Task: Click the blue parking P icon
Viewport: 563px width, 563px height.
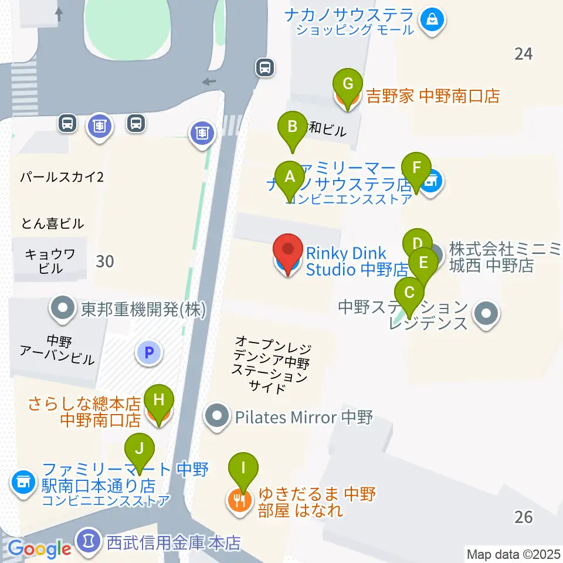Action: pyautogui.click(x=148, y=353)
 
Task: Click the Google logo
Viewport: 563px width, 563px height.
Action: pyautogui.click(x=39, y=549)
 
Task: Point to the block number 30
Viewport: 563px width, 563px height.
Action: pyautogui.click(x=104, y=261)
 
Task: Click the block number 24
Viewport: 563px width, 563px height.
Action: pyautogui.click(x=523, y=54)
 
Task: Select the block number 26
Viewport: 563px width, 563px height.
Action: pyautogui.click(x=523, y=516)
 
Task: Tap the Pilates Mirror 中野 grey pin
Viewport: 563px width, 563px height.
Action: pyautogui.click(x=217, y=416)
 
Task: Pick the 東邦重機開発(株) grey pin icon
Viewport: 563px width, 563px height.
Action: pyautogui.click(x=63, y=309)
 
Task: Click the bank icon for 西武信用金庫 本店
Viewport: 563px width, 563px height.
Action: pyautogui.click(x=89, y=539)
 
